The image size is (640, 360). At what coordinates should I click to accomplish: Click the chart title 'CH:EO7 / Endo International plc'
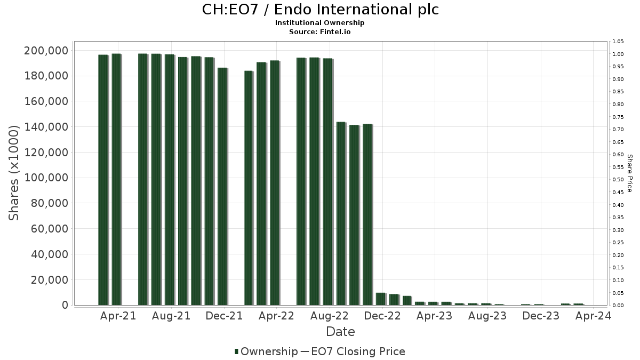tap(320, 10)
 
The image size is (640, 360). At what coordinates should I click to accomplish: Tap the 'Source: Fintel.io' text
tap(320, 32)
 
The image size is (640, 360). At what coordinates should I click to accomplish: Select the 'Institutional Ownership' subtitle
tap(320, 23)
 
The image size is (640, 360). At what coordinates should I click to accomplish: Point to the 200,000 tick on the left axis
tap(46, 51)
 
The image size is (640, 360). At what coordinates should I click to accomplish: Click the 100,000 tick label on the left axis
tap(46, 178)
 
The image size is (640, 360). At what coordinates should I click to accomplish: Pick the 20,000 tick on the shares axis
tap(49, 280)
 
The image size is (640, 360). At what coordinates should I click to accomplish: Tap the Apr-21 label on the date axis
tap(118, 316)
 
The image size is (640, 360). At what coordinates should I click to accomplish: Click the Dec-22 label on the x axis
tap(382, 316)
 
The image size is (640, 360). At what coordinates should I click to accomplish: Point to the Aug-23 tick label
tap(487, 316)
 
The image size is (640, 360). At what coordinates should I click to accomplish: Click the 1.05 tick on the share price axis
tap(618, 42)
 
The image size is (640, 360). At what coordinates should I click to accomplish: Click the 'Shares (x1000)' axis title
tap(14, 173)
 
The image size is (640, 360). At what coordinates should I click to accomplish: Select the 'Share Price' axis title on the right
tap(629, 173)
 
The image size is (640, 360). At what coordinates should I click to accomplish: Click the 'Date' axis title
tap(340, 332)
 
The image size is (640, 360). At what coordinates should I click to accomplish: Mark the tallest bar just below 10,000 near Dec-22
tap(380, 299)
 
